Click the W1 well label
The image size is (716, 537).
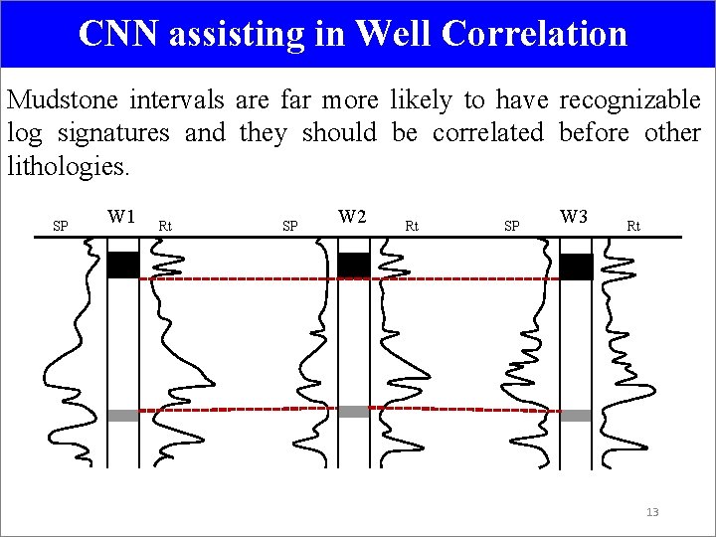coord(121,216)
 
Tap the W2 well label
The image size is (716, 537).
coord(352,216)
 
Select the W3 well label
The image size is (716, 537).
coord(574,216)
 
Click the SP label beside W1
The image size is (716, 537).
coord(60,227)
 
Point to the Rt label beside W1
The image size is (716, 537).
coord(165,227)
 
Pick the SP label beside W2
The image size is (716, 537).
coord(289,227)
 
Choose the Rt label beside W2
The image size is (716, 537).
coord(412,227)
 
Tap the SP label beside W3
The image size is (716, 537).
coord(511,227)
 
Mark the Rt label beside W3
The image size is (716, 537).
coord(633,227)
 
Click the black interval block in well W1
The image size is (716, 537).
coord(122,266)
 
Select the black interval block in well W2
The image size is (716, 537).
coord(353,265)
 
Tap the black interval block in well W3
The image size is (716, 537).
coord(576,267)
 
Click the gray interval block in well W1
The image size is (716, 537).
coord(122,416)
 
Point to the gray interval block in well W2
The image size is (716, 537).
coord(353,412)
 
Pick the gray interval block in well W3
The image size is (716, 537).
coord(576,416)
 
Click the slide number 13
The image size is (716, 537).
coord(652,512)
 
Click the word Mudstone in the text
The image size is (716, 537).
coord(63,100)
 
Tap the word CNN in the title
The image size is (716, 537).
coord(119,34)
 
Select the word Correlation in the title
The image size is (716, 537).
coord(534,34)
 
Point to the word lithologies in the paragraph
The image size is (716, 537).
coord(68,166)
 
